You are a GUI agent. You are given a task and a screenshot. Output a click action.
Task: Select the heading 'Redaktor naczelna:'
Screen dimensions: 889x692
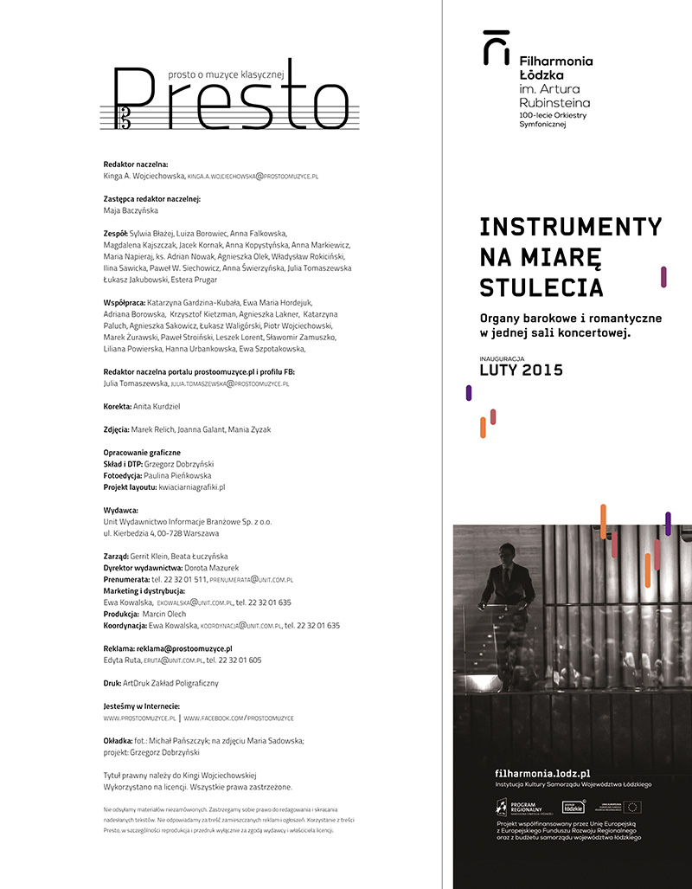[x=136, y=164]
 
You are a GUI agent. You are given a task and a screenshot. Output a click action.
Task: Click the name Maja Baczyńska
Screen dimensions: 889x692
[x=131, y=209]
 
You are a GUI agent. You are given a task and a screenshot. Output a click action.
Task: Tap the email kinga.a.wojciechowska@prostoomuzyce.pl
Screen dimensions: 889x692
[x=253, y=176]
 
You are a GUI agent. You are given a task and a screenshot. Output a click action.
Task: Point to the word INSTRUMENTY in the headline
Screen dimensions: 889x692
[x=570, y=227]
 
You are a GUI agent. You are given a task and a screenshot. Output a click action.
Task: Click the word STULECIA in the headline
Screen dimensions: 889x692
[x=541, y=287]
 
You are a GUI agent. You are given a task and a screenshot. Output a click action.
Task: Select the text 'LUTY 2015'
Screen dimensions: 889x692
[x=521, y=370]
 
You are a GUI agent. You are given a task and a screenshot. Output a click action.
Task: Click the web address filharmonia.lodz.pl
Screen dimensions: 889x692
[x=542, y=772]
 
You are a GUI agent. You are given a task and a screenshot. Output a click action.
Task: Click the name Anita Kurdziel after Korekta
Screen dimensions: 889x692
[x=157, y=406]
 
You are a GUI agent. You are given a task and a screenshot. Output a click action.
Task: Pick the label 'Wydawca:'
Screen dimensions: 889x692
[x=120, y=511]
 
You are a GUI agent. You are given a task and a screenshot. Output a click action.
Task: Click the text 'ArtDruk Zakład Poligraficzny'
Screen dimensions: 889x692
[x=170, y=683]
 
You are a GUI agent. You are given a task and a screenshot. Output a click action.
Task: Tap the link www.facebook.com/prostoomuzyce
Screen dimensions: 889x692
[x=239, y=718]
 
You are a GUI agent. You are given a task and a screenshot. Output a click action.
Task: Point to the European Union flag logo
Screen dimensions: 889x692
[x=633, y=807]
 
